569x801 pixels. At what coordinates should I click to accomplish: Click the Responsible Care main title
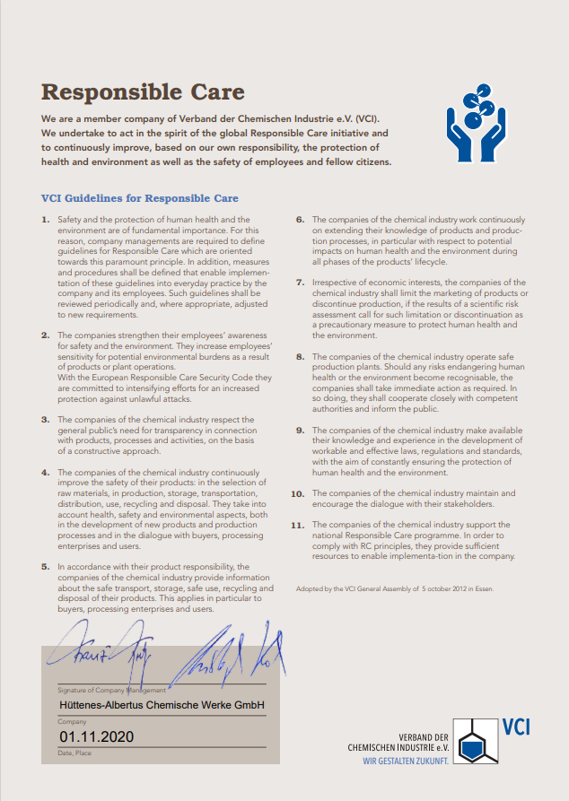(x=143, y=92)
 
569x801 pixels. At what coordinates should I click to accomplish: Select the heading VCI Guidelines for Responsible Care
(x=140, y=198)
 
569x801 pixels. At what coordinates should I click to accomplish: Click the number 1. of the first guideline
(x=46, y=220)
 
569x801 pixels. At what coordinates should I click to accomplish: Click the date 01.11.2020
(x=96, y=736)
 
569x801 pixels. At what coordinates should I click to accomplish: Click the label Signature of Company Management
(x=112, y=690)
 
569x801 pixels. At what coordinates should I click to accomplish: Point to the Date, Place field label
(x=74, y=753)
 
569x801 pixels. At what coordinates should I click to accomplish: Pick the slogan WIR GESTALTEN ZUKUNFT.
(x=406, y=761)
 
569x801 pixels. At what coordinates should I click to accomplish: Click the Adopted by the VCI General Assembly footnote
(x=394, y=589)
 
